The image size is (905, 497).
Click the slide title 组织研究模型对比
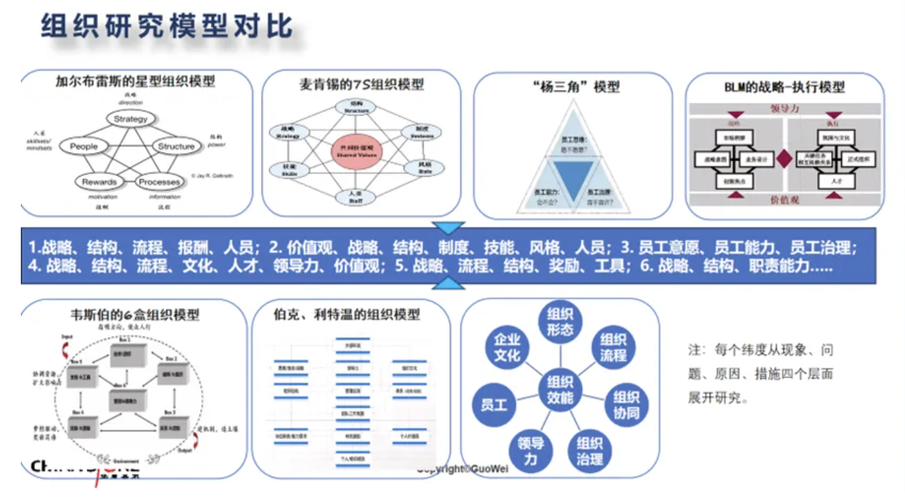166,28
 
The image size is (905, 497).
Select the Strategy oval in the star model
130,119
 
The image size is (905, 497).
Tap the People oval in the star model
84,146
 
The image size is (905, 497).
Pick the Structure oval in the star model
176,146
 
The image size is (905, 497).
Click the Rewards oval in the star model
99,181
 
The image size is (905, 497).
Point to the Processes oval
159,181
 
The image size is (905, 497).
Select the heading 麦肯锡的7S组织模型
361,85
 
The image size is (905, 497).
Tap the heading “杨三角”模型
573,87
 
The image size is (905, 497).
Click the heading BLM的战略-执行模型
783,87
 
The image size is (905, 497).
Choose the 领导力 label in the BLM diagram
784,109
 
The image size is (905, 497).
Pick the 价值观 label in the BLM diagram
784,199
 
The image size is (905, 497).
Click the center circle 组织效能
561,390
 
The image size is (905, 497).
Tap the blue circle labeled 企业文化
507,347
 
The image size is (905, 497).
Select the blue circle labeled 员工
494,404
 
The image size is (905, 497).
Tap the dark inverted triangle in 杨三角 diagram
572,177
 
